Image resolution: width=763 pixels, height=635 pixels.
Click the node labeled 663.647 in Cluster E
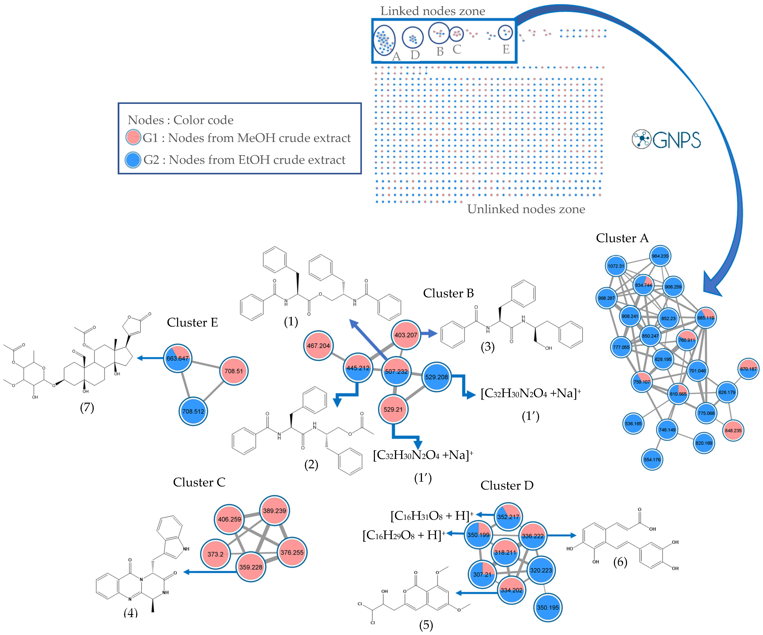pyautogui.click(x=177, y=358)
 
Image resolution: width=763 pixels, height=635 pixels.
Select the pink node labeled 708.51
pyautogui.click(x=234, y=371)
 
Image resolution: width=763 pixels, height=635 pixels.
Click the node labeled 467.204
pyautogui.click(x=318, y=346)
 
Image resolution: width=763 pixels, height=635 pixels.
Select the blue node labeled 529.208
pyautogui.click(x=436, y=377)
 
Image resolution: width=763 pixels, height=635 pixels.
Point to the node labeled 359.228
pyautogui.click(x=251, y=567)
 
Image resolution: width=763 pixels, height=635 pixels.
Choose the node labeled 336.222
pyautogui.click(x=533, y=536)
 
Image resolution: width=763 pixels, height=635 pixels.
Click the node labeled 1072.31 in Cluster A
pyautogui.click(x=616, y=266)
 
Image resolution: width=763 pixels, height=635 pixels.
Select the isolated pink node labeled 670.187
pyautogui.click(x=748, y=369)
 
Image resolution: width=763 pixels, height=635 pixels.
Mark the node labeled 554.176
pyautogui.click(x=652, y=459)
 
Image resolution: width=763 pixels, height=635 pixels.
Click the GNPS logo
pyautogui.click(x=666, y=140)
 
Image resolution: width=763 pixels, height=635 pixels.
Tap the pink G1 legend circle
pyautogui.click(x=133, y=137)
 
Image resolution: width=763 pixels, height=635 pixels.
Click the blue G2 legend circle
pyautogui.click(x=133, y=160)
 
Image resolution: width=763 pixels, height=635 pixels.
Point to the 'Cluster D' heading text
pyautogui.click(x=507, y=485)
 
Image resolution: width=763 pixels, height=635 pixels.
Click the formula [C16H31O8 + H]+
pyautogui.click(x=432, y=515)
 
